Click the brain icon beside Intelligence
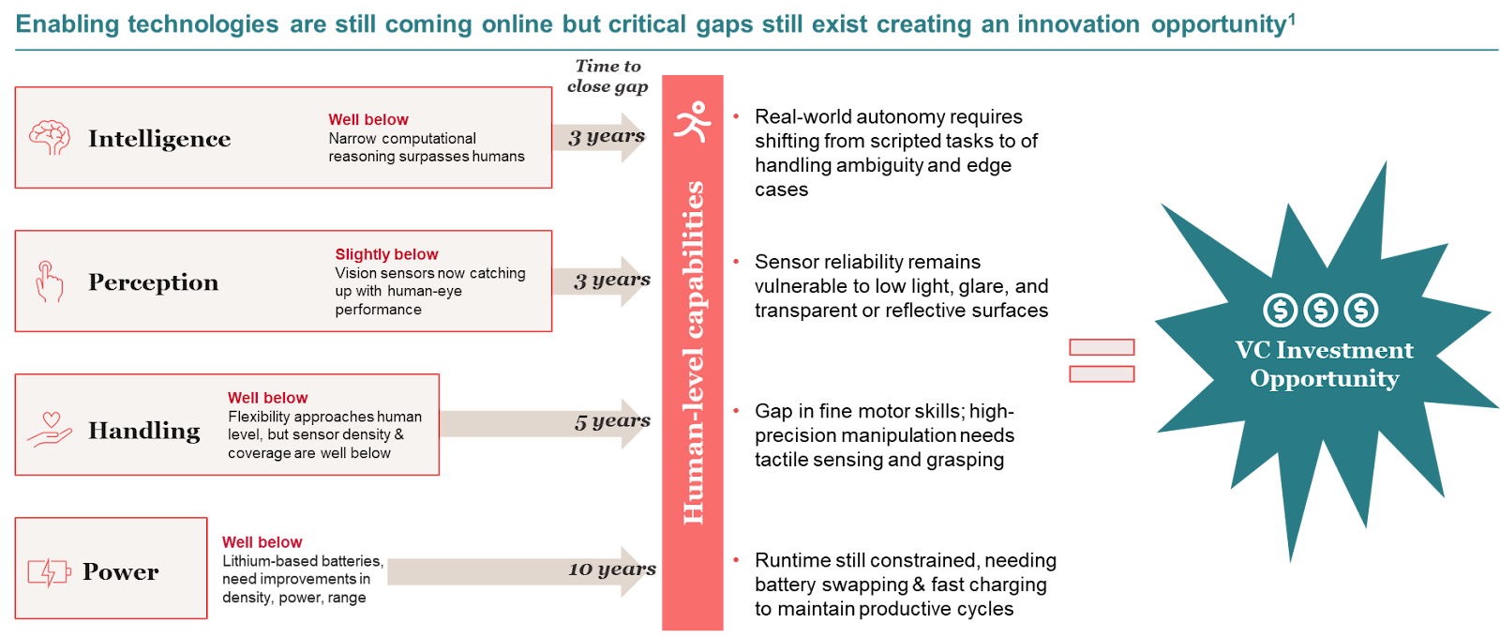coord(50,138)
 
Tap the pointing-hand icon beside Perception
coord(49,281)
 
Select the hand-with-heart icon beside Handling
coord(50,430)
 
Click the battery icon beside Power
coord(49,571)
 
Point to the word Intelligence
coord(159,139)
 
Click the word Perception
coord(153,282)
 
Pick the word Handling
coord(144,431)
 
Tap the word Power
coord(121,571)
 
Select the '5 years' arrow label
coord(612,421)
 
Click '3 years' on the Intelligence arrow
coord(607,136)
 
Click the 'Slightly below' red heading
coord(386,254)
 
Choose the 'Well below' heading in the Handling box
coord(267,398)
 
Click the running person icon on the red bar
coord(693,121)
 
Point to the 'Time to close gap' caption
coord(607,76)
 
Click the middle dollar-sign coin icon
coord(1320,310)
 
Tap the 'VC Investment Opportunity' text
coord(1324,364)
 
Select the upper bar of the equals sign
coord(1102,347)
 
